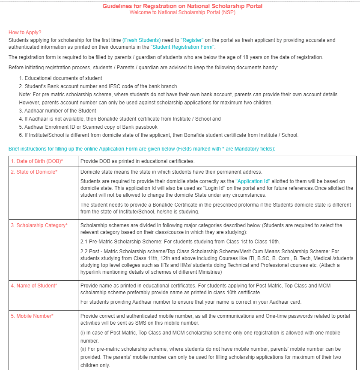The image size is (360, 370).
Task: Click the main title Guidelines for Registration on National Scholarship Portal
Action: coord(182,6)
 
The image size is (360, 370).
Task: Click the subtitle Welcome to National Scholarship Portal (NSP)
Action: coord(182,12)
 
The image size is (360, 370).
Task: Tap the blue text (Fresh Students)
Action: coord(141,40)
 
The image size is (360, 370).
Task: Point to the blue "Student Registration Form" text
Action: coord(182,47)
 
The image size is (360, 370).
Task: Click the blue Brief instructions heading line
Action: coord(142,149)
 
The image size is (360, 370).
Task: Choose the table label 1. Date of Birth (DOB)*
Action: coord(37,161)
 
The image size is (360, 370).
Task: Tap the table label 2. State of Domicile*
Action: coord(34,172)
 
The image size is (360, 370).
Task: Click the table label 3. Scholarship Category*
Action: coord(39,225)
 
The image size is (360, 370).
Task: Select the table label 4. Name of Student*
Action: coord(34,286)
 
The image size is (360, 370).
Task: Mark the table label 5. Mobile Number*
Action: coord(32,316)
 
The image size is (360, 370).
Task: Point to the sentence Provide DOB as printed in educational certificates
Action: coord(137,161)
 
